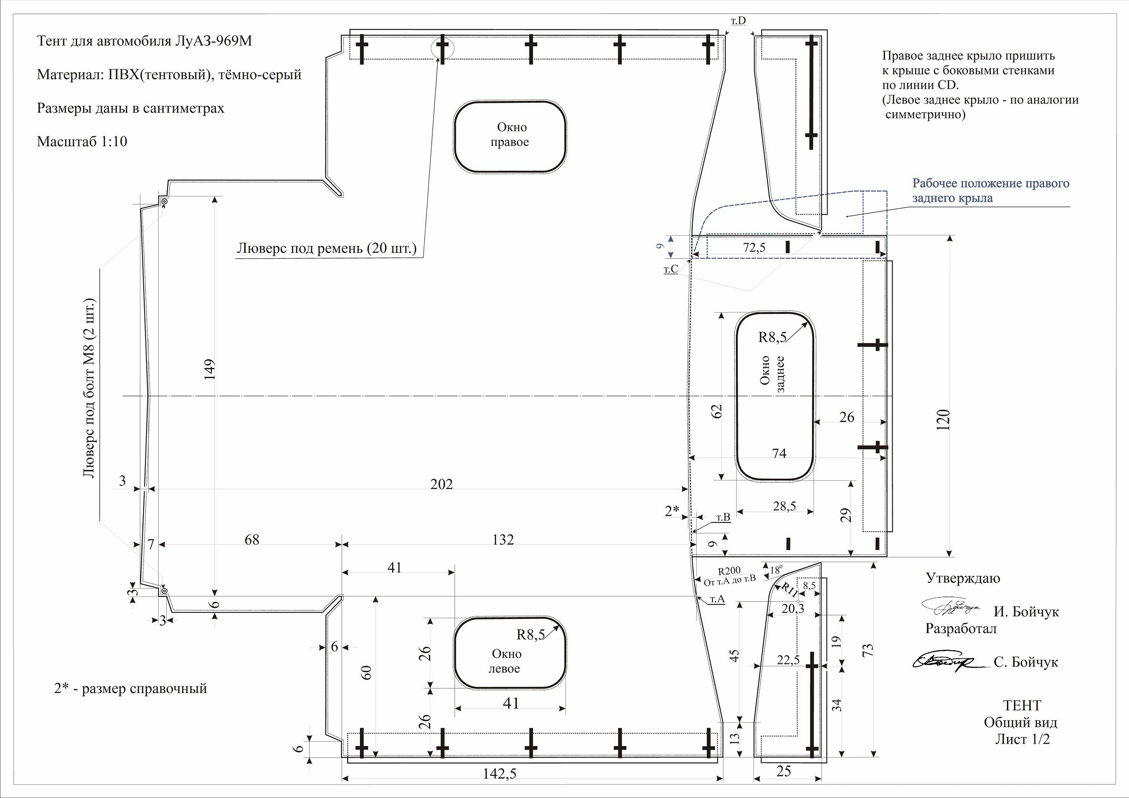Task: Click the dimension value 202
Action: pyautogui.click(x=441, y=484)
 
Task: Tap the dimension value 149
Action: pyautogui.click(x=209, y=369)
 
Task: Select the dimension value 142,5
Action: pyautogui.click(x=500, y=774)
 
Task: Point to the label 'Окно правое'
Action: pyautogui.click(x=510, y=135)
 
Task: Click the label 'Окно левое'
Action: pyautogui.click(x=505, y=661)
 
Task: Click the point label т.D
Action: pyautogui.click(x=738, y=21)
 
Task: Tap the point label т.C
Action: pyautogui.click(x=671, y=269)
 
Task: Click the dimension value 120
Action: pyautogui.click(x=943, y=420)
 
